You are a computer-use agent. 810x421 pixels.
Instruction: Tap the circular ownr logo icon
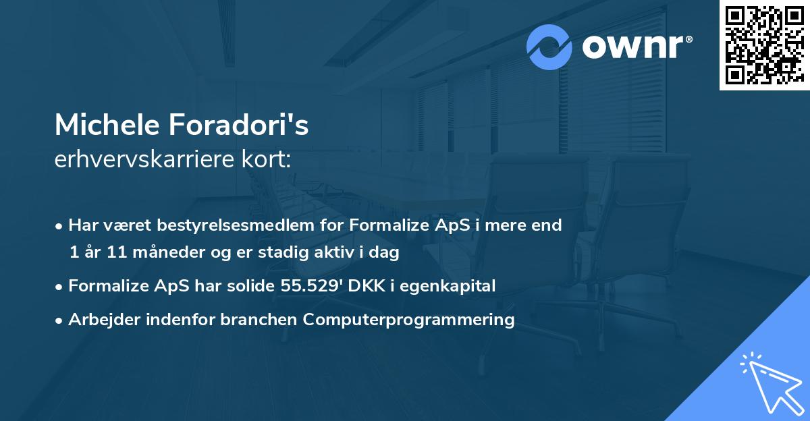pyautogui.click(x=549, y=47)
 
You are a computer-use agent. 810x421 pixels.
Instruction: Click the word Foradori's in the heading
pyautogui.click(x=243, y=125)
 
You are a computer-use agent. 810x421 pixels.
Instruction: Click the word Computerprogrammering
pyautogui.click(x=409, y=319)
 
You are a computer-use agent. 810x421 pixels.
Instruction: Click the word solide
pyautogui.click(x=252, y=285)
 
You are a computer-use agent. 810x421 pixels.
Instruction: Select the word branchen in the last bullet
pyautogui.click(x=259, y=319)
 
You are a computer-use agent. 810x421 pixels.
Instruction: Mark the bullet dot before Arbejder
pyautogui.click(x=60, y=320)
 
